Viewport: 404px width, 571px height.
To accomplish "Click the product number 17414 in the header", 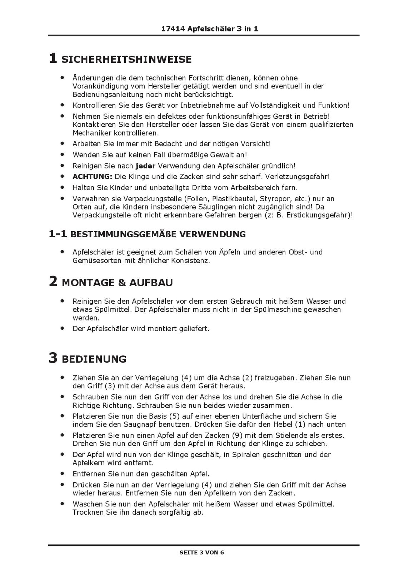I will click(x=173, y=29).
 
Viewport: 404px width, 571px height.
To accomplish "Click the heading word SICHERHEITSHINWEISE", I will click(x=126, y=60).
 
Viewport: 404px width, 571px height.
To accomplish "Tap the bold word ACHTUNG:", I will click(x=92, y=177).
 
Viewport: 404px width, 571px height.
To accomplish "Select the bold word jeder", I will click(x=145, y=166).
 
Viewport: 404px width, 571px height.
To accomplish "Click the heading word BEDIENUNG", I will click(x=94, y=359).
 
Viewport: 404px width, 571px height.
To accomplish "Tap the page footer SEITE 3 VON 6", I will click(x=202, y=552).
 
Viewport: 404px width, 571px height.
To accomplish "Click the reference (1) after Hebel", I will click(x=300, y=424).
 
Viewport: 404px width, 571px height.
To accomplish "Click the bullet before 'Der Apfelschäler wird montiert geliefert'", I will click(x=63, y=328).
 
